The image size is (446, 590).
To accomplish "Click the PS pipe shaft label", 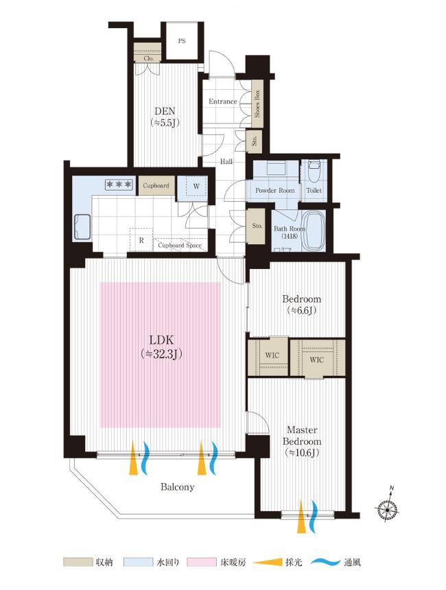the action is coord(182,41).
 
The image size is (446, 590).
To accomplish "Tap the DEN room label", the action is coord(165,111).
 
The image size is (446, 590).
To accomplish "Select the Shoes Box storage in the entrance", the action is coord(257,104).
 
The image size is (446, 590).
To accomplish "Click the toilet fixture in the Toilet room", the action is coord(313,172).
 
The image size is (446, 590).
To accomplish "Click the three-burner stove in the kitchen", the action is coord(119,185).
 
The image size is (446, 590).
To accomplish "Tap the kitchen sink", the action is coord(83,227).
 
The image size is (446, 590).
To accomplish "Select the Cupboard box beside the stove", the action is coord(156,185).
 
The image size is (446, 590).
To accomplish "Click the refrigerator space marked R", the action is coord(141,240).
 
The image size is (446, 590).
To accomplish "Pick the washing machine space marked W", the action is coord(196,187).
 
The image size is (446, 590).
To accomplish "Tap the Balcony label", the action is coord(177,487).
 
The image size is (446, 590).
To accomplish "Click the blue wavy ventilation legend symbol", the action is coord(326,563).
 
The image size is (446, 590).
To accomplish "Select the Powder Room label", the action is coord(274,191).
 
